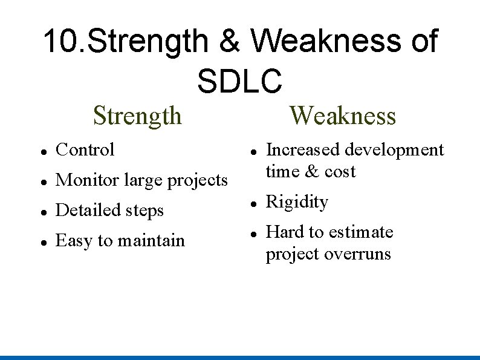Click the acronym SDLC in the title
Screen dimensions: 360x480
239,80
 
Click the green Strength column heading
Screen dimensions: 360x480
137,115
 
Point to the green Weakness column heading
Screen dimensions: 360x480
343,115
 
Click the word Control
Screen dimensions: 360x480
85,149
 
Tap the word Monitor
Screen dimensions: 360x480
88,180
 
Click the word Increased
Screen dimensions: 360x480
303,149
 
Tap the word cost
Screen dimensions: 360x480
340,171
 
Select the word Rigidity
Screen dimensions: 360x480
297,202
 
